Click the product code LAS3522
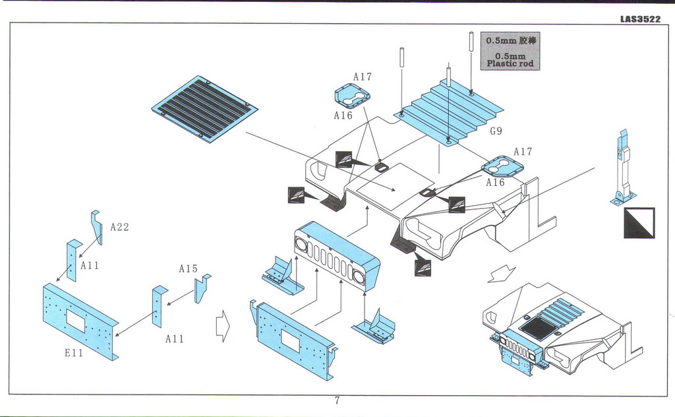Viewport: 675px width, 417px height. (x=639, y=19)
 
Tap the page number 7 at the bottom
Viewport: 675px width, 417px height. (x=337, y=401)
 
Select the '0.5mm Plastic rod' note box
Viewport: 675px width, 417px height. (x=510, y=51)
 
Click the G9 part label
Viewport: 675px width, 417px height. (x=496, y=131)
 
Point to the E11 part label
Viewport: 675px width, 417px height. (x=73, y=353)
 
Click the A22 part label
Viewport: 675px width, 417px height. (x=119, y=227)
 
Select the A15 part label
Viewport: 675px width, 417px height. (x=188, y=269)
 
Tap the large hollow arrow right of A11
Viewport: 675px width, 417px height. (x=223, y=326)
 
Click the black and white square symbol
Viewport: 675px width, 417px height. (x=638, y=223)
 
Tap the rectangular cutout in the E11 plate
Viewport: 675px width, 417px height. (x=76, y=321)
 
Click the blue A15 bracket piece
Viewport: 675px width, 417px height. (x=201, y=287)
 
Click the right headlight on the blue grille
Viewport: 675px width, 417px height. (x=359, y=275)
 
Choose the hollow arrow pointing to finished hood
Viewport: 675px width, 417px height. (x=499, y=273)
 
